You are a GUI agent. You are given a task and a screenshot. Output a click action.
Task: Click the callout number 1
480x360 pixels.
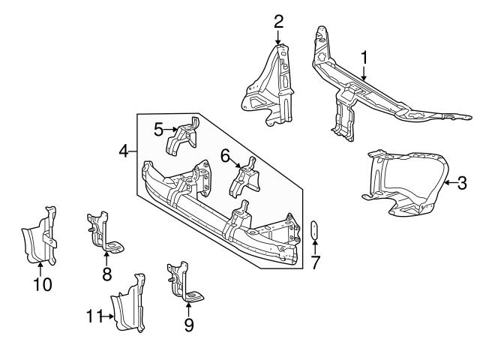coord(364,57)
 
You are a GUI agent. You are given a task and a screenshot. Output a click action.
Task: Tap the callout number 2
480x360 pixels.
coord(278,20)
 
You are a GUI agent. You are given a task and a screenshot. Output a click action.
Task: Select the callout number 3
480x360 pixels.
coord(463,181)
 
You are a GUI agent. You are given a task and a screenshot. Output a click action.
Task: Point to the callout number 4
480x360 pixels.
coord(124,152)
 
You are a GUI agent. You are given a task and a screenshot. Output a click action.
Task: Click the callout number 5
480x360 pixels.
coord(158,129)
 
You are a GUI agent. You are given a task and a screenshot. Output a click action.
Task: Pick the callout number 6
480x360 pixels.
coord(224,156)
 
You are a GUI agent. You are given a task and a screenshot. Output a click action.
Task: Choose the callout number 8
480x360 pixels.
coord(106,274)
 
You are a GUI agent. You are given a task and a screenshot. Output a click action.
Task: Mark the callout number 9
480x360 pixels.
coord(188,324)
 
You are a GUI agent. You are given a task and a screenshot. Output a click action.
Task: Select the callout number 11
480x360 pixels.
coord(93,316)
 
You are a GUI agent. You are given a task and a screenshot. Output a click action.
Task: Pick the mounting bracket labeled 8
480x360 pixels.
coord(101,231)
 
